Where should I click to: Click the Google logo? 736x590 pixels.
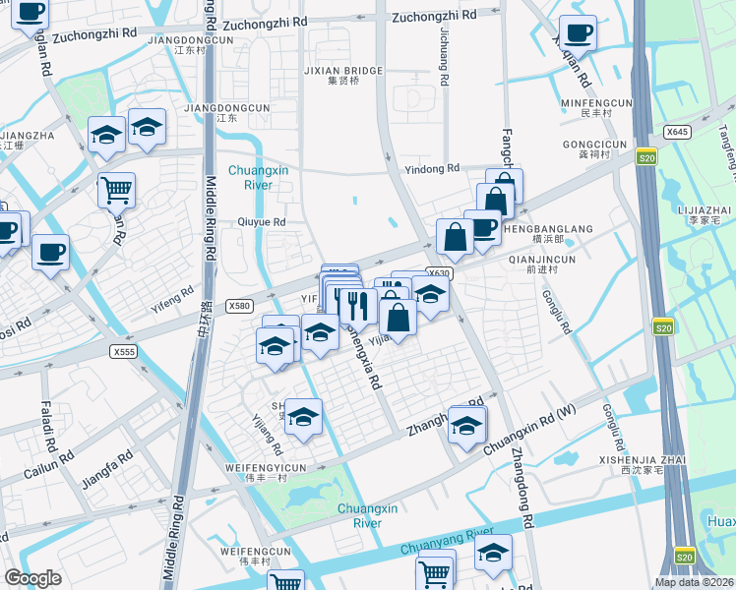33,578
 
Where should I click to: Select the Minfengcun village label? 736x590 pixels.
595,102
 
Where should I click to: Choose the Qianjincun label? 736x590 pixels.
542,260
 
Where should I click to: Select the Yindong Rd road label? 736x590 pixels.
432,168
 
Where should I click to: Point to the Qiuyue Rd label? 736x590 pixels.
261,222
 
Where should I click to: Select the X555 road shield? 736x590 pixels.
123,351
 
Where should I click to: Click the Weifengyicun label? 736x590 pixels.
266,467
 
